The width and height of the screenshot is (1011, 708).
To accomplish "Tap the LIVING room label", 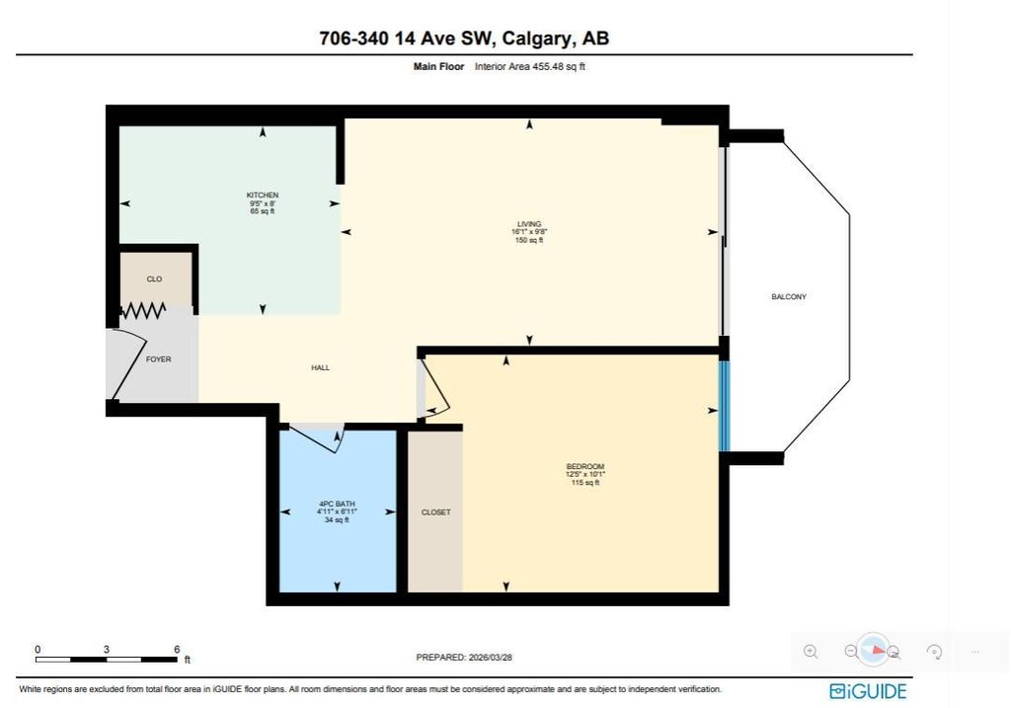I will tap(529, 224).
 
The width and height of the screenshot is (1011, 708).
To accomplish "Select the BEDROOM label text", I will tap(584, 467).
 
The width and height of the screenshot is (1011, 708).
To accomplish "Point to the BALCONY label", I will tap(789, 296).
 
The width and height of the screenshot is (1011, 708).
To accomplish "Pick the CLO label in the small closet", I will tap(154, 279).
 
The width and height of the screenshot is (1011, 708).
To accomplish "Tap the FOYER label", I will tap(158, 359).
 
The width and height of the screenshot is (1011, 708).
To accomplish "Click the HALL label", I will tap(320, 367).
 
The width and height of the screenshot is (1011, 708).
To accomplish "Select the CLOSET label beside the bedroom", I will tap(435, 511).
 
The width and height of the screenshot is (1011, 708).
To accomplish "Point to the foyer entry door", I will tap(127, 361).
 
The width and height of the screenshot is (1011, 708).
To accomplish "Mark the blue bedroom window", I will tap(724, 405).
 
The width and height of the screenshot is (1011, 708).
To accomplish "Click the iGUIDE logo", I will tap(868, 691).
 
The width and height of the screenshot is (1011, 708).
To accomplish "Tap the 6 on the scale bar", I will tap(177, 649).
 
